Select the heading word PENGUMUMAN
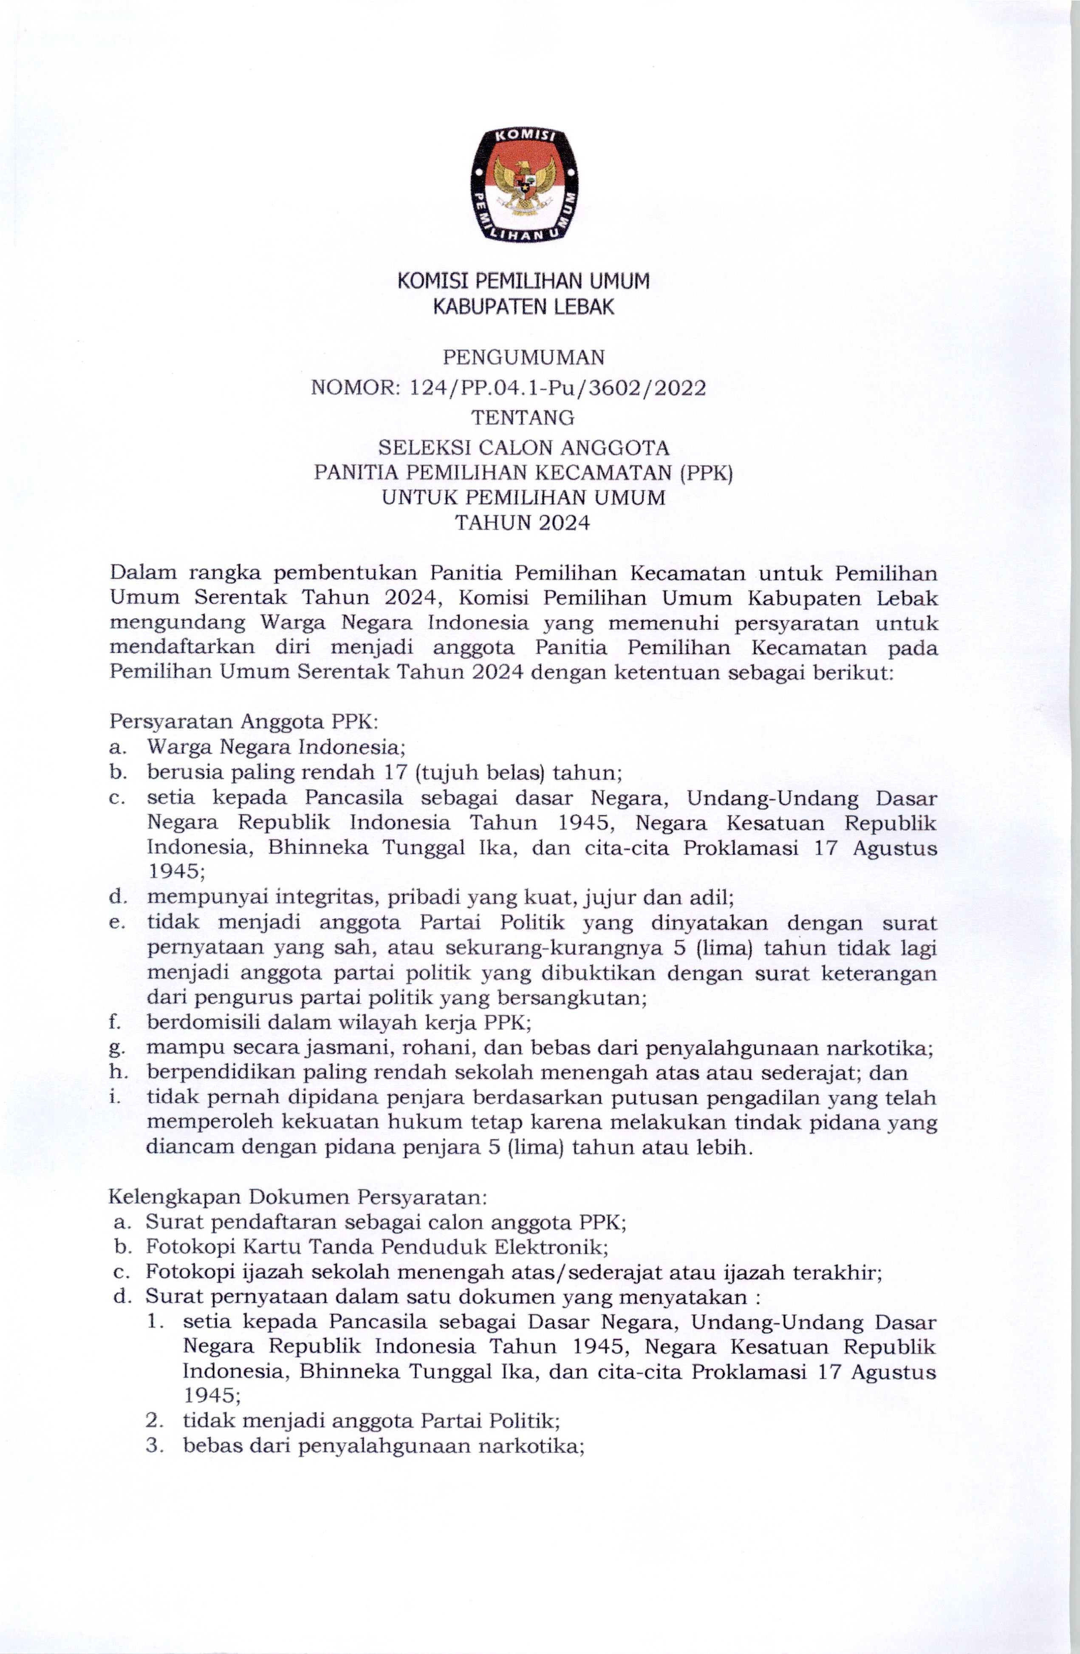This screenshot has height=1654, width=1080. tap(523, 357)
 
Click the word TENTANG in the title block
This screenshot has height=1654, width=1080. tap(523, 418)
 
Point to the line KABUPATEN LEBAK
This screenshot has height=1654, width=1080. tap(523, 307)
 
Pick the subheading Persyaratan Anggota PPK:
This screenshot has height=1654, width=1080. tap(244, 721)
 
